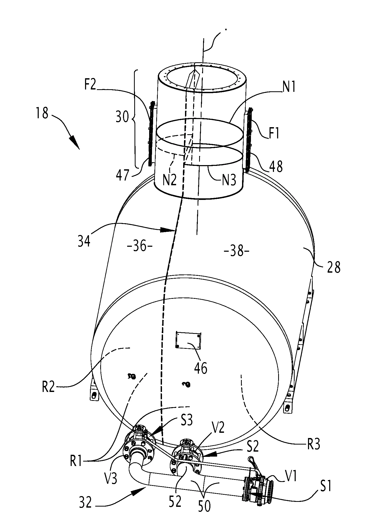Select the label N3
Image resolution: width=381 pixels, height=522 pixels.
pyautogui.click(x=229, y=181)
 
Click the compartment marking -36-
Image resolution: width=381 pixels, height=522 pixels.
pyautogui.click(x=139, y=246)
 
